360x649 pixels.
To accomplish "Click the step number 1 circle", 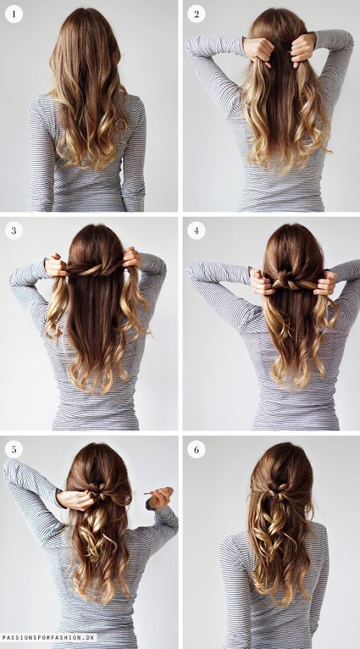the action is pyautogui.click(x=14, y=14).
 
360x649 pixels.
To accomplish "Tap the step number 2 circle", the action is pyautogui.click(x=196, y=14).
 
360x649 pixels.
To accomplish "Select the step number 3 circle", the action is pyautogui.click(x=14, y=231).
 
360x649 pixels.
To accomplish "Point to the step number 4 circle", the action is pyautogui.click(x=196, y=231).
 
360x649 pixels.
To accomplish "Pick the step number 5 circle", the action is pyautogui.click(x=14, y=449).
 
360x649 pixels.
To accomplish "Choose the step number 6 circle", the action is pyautogui.click(x=196, y=449).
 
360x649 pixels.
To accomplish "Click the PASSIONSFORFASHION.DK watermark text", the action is pyautogui.click(x=48, y=637).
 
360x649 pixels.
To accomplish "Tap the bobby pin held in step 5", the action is pyautogui.click(x=150, y=493).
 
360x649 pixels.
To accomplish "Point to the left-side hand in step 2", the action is pyautogui.click(x=259, y=50).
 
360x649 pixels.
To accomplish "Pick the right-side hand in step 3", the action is pyautogui.click(x=132, y=258).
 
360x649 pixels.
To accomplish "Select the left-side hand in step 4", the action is pyautogui.click(x=262, y=281).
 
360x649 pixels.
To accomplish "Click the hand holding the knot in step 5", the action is pyautogui.click(x=76, y=499).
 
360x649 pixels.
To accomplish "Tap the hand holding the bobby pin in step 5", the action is pyautogui.click(x=161, y=498).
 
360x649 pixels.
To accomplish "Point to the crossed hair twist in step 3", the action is pyautogui.click(x=95, y=269).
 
